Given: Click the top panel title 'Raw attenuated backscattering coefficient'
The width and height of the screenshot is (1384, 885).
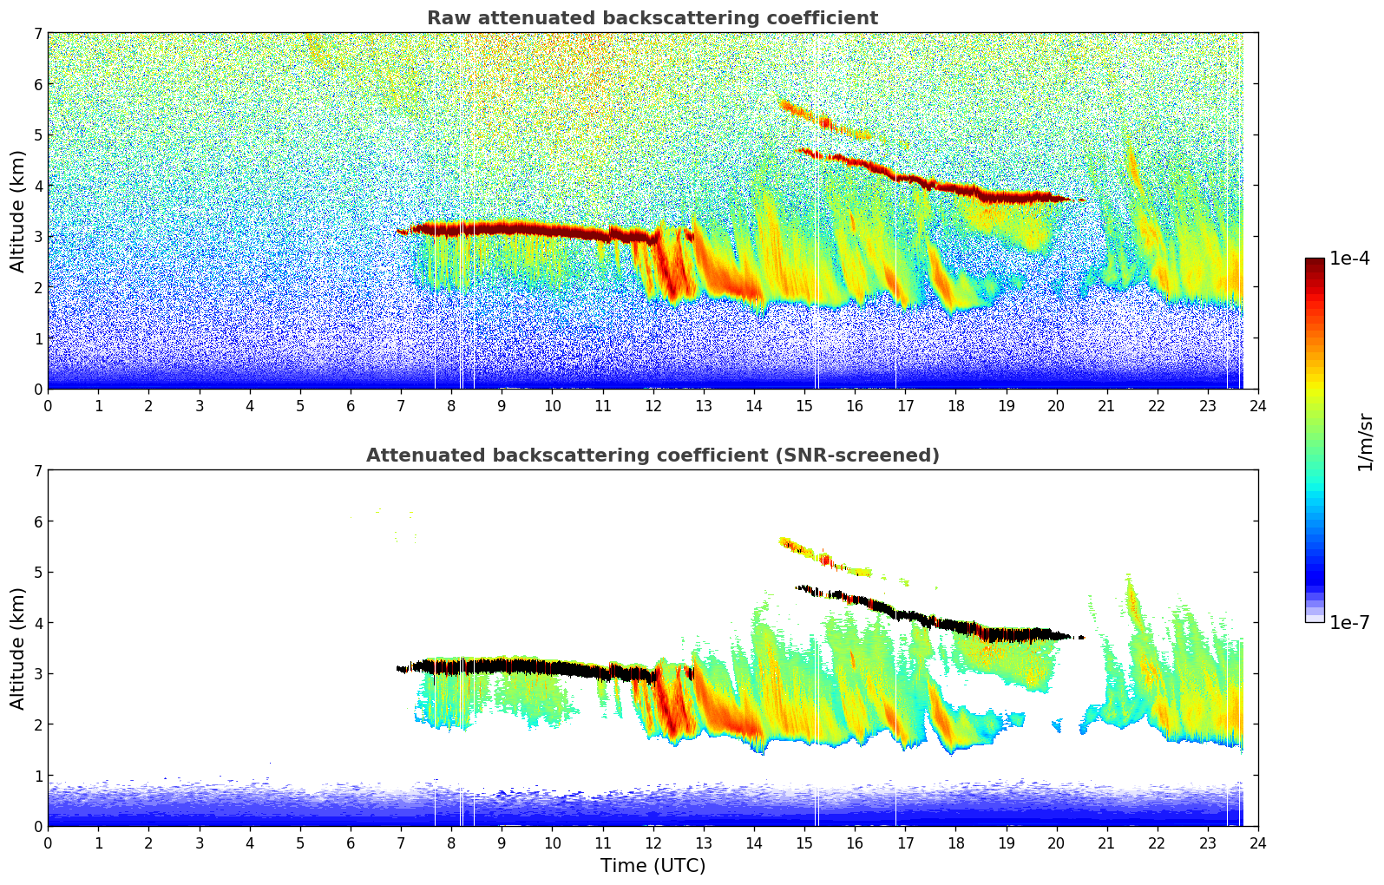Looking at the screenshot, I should coord(652,18).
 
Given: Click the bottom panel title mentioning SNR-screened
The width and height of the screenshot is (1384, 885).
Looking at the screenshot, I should coord(652,456).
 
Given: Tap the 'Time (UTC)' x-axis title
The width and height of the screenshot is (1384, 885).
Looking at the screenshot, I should coord(653,866).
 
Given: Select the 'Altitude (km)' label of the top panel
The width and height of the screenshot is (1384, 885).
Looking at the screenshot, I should coord(17,211).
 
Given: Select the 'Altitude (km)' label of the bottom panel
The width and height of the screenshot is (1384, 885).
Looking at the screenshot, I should coord(17,648).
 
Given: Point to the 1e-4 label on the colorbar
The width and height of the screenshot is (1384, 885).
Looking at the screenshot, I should coord(1349,259).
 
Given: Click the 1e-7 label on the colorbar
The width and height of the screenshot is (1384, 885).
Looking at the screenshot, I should coord(1349,623).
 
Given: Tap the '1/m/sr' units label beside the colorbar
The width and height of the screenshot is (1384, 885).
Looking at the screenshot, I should coord(1365,442).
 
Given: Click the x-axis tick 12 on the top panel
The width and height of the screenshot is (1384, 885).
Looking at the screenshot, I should coord(653,405).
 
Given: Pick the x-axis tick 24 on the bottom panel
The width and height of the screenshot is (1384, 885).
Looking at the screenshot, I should coord(1258,842).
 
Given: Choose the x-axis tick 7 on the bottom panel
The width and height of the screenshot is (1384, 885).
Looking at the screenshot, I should coord(401,842).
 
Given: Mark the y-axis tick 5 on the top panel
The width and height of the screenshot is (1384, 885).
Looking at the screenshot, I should coord(37,135).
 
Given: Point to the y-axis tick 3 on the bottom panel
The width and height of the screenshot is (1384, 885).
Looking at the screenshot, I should coord(37,674).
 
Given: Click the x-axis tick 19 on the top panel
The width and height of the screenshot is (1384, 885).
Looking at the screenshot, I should coord(1006,405).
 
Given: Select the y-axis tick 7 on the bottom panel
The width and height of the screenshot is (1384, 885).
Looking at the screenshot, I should coord(37,471).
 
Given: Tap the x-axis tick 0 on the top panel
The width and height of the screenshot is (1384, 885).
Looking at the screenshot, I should coord(48,405).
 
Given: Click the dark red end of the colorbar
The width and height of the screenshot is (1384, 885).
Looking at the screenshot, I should coord(1314,264).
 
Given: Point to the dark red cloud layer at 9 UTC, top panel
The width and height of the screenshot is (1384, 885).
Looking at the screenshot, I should coord(502,228).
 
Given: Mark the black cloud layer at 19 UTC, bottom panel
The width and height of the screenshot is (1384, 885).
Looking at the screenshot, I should coord(1006,631).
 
